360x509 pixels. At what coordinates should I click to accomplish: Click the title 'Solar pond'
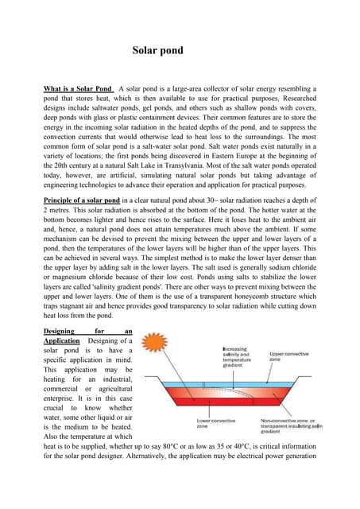coord(157,51)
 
